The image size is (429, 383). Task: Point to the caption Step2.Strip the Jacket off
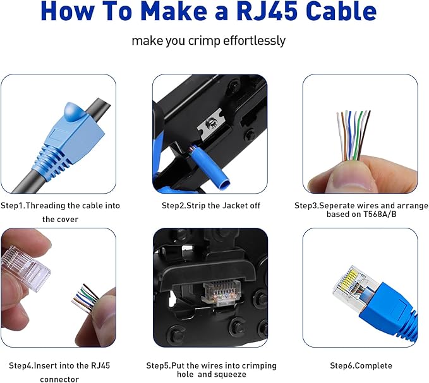[x=210, y=206]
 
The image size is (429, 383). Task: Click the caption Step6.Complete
[x=360, y=366]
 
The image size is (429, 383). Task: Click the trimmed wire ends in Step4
[x=86, y=297]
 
